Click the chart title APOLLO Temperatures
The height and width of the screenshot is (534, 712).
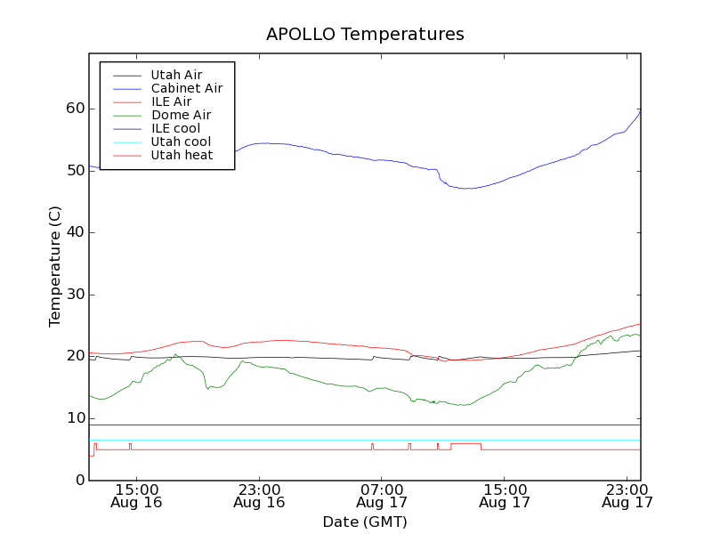pyautogui.click(x=365, y=35)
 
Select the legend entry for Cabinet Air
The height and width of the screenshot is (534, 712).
pyautogui.click(x=187, y=89)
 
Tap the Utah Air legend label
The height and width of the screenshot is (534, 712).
pyautogui.click(x=176, y=75)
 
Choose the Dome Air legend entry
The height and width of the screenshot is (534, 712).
pyautogui.click(x=181, y=115)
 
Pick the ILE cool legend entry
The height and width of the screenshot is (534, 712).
pyautogui.click(x=176, y=128)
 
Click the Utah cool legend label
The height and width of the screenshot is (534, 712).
pyautogui.click(x=181, y=142)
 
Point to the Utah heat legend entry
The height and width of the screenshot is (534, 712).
pyautogui.click(x=182, y=155)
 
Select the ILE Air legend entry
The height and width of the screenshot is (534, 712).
pyautogui.click(x=171, y=101)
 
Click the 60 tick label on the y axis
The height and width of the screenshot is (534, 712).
pyautogui.click(x=74, y=109)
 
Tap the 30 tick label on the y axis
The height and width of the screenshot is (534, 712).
pyautogui.click(x=74, y=295)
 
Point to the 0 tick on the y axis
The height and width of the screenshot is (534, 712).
pyautogui.click(x=79, y=481)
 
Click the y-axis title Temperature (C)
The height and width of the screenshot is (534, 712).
pyautogui.click(x=55, y=267)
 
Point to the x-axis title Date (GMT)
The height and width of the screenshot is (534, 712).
pyautogui.click(x=365, y=522)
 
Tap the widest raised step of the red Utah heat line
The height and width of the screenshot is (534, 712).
pyautogui.click(x=465, y=443)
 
